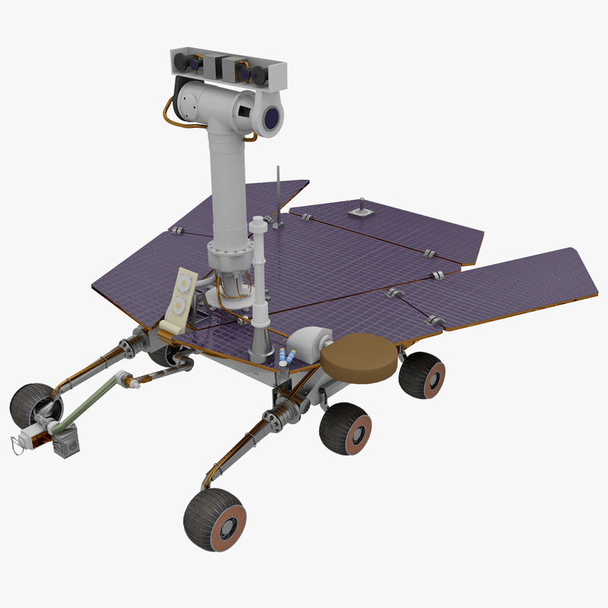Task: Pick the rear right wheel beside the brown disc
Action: [x=423, y=375]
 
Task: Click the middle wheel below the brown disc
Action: [x=345, y=429]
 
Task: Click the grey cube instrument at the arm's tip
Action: [x=68, y=442]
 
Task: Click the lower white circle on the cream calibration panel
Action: [x=179, y=306]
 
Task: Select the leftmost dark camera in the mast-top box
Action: [x=183, y=61]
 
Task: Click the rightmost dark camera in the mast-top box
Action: [x=261, y=74]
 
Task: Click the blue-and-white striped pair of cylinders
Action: [x=289, y=356]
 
